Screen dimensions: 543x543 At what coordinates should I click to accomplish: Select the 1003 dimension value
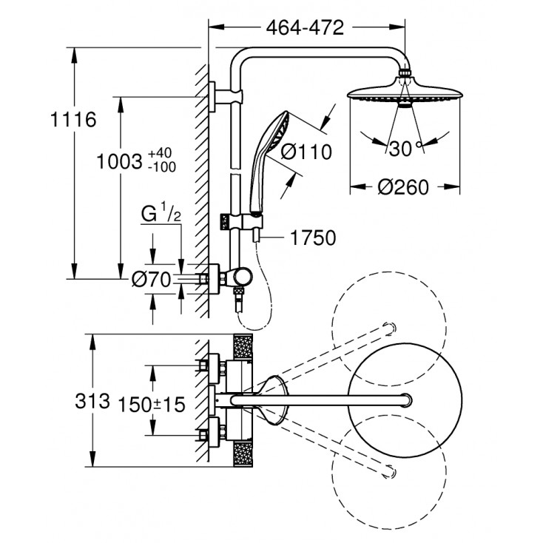[x=120, y=161]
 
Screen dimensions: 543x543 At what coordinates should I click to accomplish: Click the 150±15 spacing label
[x=154, y=402]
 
